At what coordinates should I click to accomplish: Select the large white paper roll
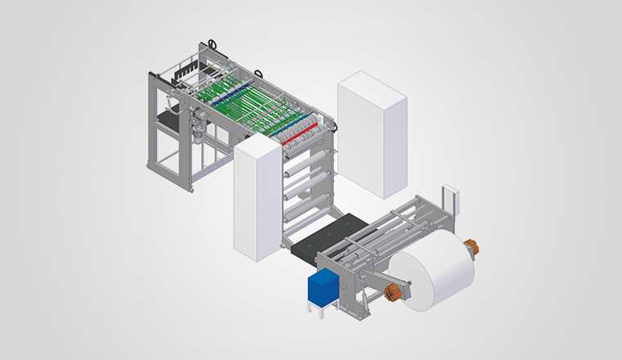431,268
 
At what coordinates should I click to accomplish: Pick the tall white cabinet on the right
372,135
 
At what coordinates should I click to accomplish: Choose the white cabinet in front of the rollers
257,198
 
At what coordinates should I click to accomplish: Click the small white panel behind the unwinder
451,200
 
